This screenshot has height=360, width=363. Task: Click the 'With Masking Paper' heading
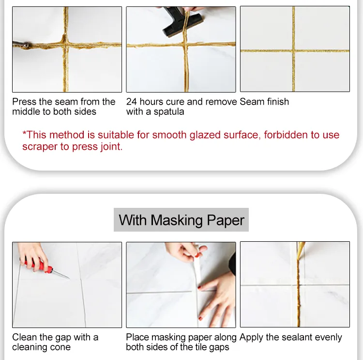pyautogui.click(x=181, y=220)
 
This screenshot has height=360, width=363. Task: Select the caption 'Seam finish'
pyautogui.click(x=264, y=102)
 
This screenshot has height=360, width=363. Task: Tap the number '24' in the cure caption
pyautogui.click(x=132, y=102)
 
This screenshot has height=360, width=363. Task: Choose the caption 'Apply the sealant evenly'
pyautogui.click(x=290, y=337)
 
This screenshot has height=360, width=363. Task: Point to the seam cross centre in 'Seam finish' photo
pyautogui.click(x=293, y=50)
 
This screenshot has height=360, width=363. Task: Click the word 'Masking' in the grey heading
pyautogui.click(x=178, y=220)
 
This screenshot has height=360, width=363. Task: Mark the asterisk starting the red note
pyautogui.click(x=25, y=133)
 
